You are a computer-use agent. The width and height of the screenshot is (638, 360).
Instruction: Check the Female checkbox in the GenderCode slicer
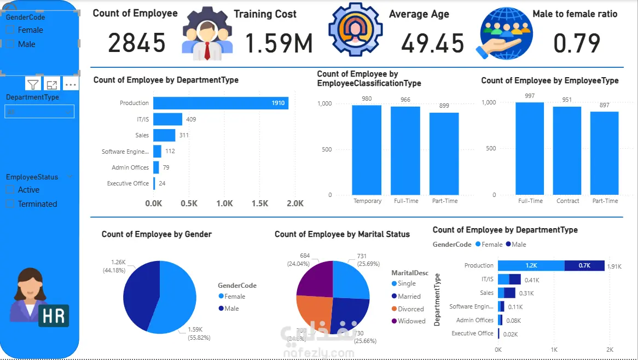pyautogui.click(x=10, y=31)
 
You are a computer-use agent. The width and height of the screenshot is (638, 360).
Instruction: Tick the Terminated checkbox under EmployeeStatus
pyautogui.click(x=10, y=204)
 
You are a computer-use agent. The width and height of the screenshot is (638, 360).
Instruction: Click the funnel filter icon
pyautogui.click(x=33, y=84)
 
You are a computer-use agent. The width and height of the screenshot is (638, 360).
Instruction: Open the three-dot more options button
pyautogui.click(x=71, y=85)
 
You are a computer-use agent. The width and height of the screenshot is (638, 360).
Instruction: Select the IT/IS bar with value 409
pyautogui.click(x=167, y=119)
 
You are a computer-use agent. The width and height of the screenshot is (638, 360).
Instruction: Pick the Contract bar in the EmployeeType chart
pyautogui.click(x=567, y=150)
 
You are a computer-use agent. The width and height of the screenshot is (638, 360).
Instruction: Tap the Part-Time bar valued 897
pyautogui.click(x=605, y=153)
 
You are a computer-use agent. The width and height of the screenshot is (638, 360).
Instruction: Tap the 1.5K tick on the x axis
pyautogui.click(x=260, y=204)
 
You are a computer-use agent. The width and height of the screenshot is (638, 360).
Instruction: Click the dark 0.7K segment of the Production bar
pyautogui.click(x=584, y=265)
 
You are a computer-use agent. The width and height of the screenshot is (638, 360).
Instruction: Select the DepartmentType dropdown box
pyautogui.click(x=39, y=112)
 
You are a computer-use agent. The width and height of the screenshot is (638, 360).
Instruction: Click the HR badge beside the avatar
pyautogui.click(x=54, y=316)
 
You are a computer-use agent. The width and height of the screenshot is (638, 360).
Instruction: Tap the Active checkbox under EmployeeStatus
pyautogui.click(x=10, y=190)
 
